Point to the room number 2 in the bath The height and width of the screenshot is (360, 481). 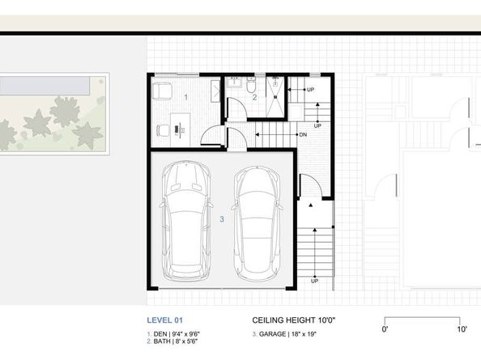[253, 97]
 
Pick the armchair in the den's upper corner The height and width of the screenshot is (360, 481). [162, 91]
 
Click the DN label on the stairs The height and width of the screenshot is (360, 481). [302, 134]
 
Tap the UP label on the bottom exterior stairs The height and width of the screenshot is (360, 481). [314, 281]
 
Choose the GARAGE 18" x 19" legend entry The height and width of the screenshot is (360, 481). [285, 333]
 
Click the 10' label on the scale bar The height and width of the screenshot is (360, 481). [461, 329]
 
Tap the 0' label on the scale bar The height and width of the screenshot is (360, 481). [386, 329]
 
